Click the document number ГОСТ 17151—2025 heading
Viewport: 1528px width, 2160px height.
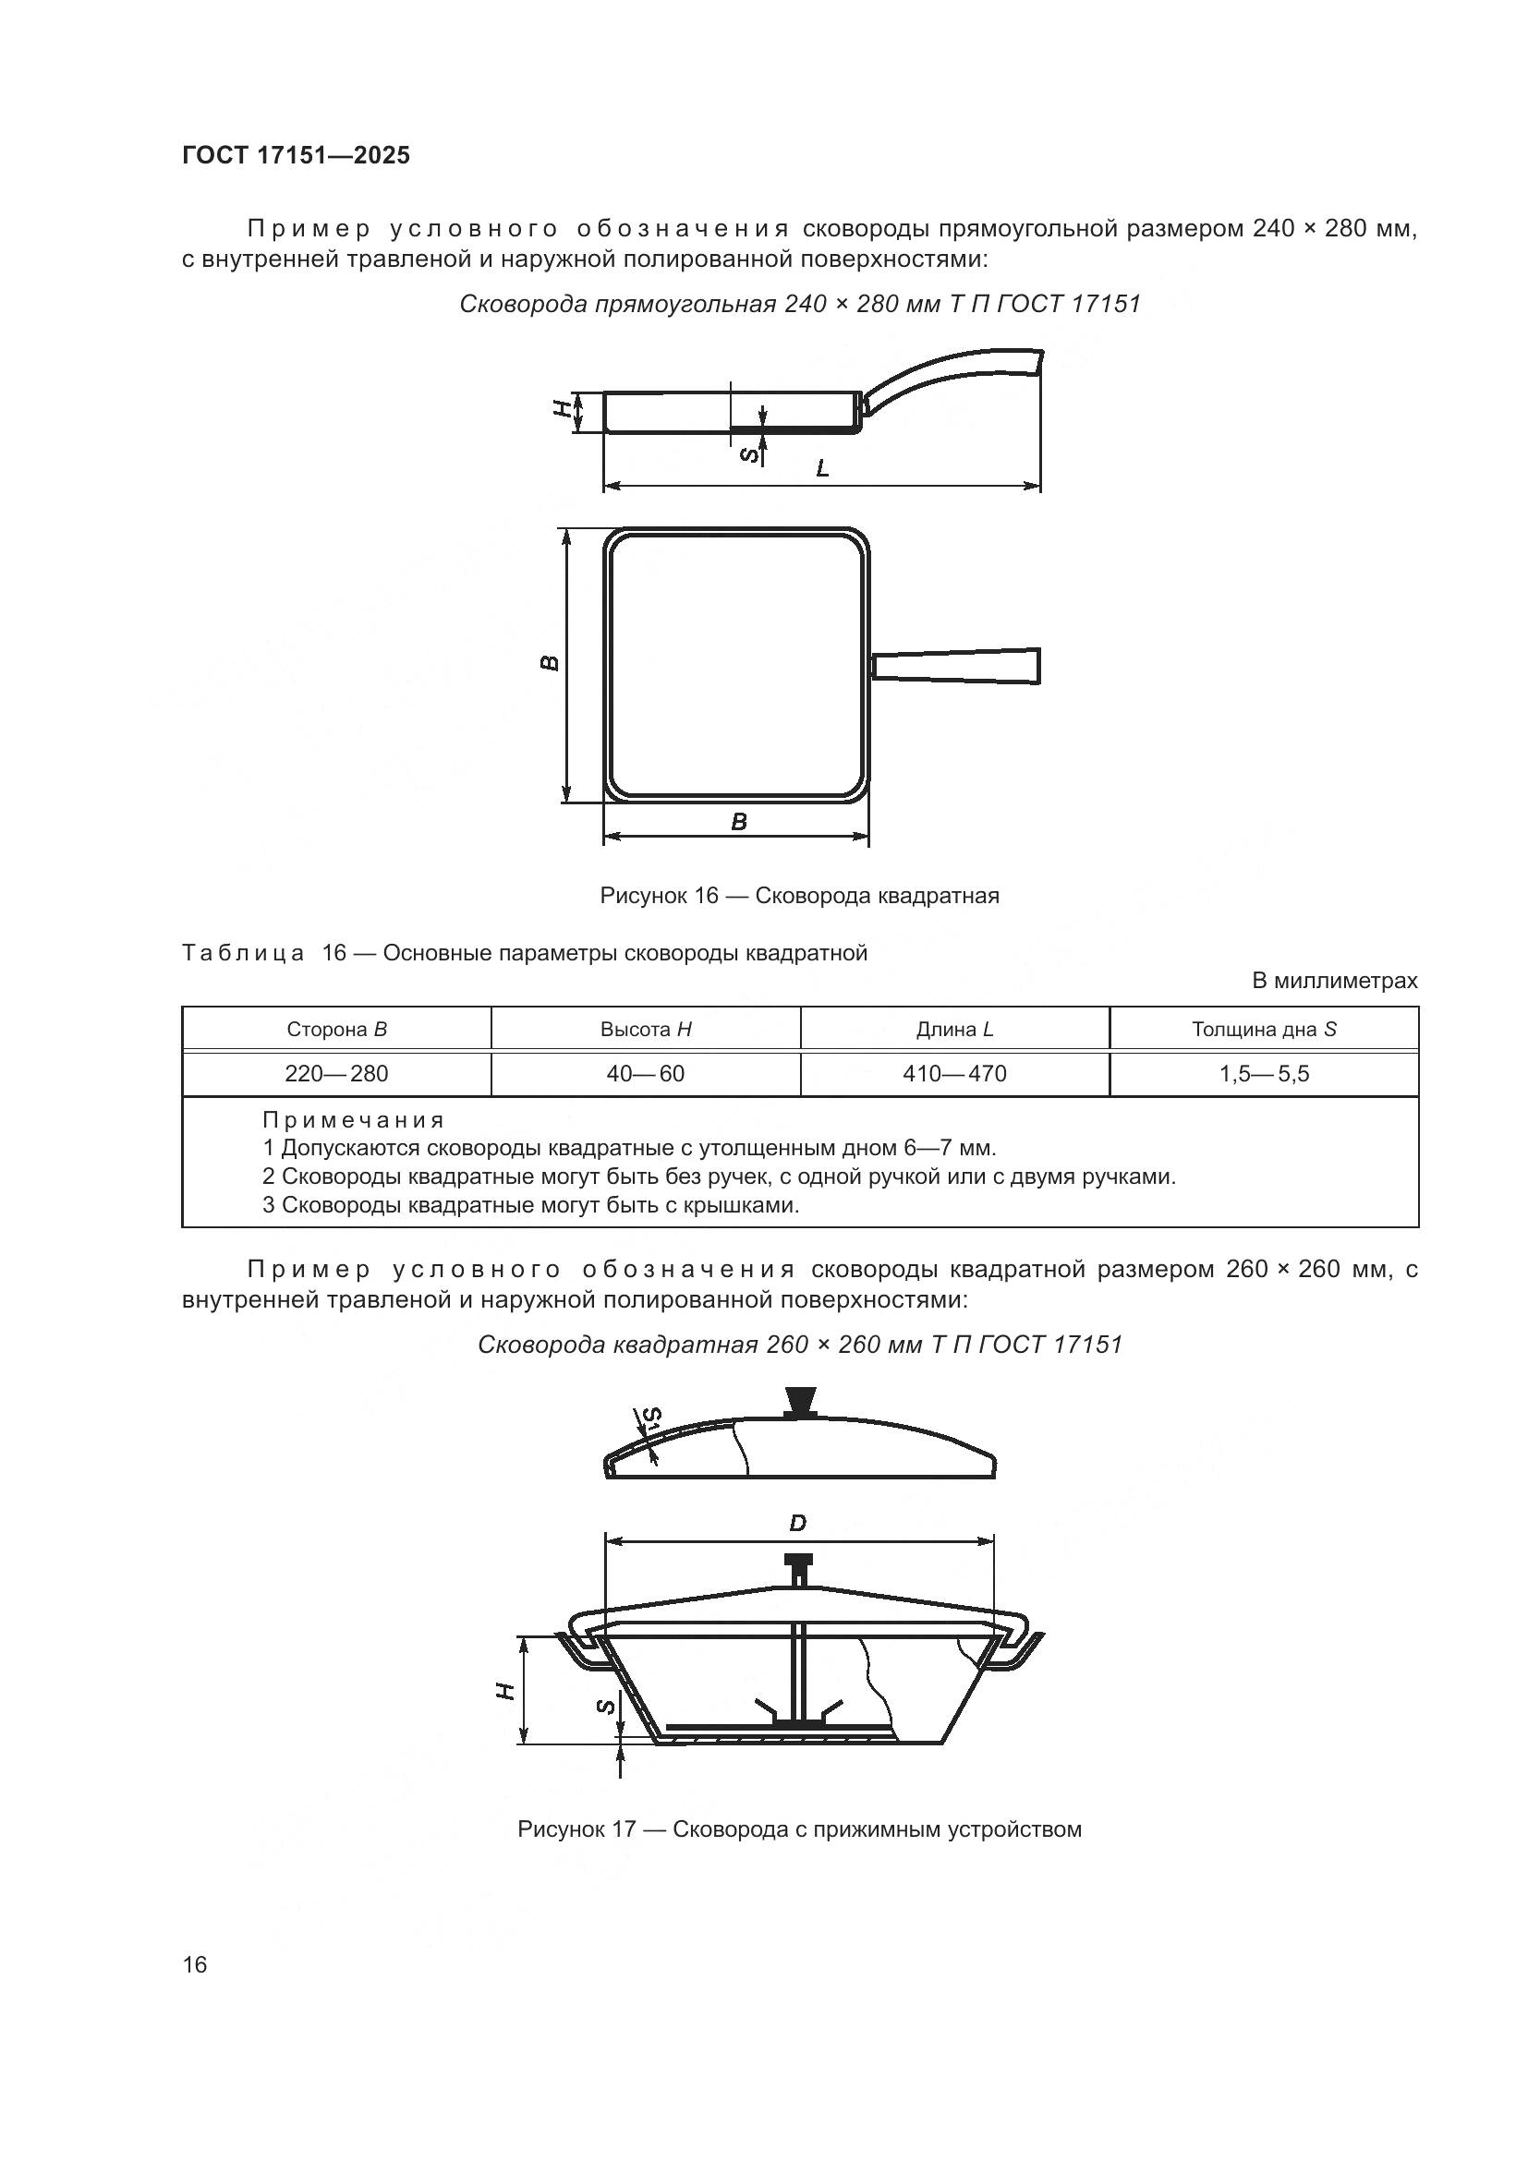point(296,155)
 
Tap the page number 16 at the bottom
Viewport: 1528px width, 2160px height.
point(195,1963)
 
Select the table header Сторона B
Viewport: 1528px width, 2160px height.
point(337,1029)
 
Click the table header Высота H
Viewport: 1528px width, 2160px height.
point(646,1029)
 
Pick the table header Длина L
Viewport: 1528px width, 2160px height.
point(955,1029)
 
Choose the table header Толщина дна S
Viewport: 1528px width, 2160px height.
point(1264,1029)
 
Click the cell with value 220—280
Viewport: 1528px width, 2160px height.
point(337,1073)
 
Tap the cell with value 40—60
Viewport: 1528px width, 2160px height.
point(646,1073)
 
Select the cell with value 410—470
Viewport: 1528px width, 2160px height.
point(955,1073)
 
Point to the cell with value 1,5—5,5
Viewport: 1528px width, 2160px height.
point(1264,1073)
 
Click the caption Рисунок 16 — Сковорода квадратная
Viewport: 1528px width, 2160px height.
point(799,896)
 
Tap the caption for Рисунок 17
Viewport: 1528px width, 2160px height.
point(799,1829)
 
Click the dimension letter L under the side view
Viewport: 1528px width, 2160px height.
point(822,468)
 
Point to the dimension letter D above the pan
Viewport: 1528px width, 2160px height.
point(798,1523)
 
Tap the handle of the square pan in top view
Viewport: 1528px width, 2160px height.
point(958,665)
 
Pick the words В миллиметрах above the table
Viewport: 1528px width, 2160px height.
point(1334,982)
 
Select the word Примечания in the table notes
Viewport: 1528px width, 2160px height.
point(353,1120)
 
